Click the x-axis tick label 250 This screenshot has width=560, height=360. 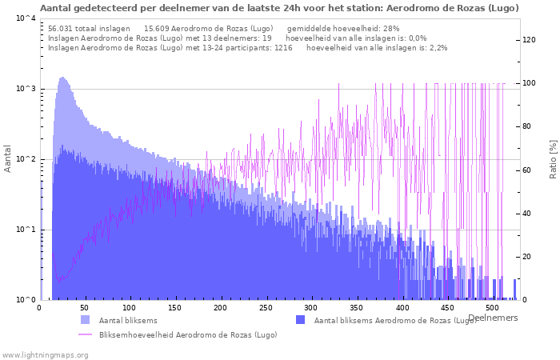click(266, 308)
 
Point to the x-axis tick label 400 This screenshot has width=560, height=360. click(402, 308)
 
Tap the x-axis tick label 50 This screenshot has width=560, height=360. click(84, 308)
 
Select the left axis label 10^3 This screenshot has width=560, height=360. click(26, 88)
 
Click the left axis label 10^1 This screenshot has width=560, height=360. click(26, 230)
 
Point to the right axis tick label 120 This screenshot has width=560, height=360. click(529, 40)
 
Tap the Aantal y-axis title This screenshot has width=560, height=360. click(7, 158)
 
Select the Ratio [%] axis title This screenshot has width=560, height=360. click(554, 159)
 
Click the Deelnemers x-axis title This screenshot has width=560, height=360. click(493, 318)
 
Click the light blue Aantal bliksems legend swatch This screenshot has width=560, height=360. click(86, 320)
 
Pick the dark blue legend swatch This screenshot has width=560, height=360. click(300, 320)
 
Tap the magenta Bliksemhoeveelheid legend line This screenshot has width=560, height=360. click(85, 334)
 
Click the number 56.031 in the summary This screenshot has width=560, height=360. click(60, 29)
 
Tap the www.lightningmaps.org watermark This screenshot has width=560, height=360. click(45, 355)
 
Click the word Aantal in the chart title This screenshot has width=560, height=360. click(53, 8)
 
